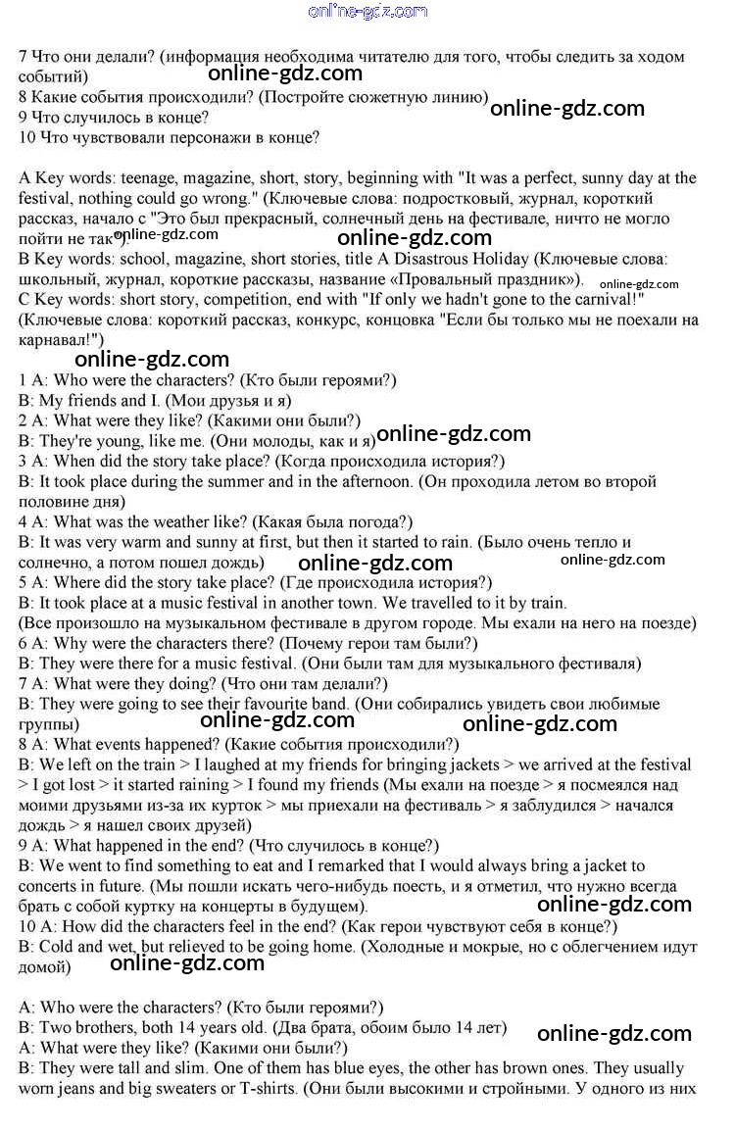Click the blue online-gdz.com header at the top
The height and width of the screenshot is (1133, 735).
click(367, 12)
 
